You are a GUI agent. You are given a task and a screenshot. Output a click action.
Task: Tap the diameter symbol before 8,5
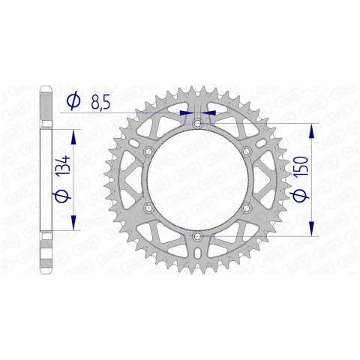tap(74, 100)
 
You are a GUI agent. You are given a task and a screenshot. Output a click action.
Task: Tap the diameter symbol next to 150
tap(300, 196)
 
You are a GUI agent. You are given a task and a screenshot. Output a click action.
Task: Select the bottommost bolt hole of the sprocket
tap(196, 236)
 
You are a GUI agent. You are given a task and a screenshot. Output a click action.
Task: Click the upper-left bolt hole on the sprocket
tap(148, 152)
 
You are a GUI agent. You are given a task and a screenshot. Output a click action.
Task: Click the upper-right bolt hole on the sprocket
tap(245, 152)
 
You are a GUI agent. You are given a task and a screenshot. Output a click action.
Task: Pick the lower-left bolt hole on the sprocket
tap(148, 208)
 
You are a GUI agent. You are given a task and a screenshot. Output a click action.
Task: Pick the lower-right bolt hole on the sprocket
tap(245, 208)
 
